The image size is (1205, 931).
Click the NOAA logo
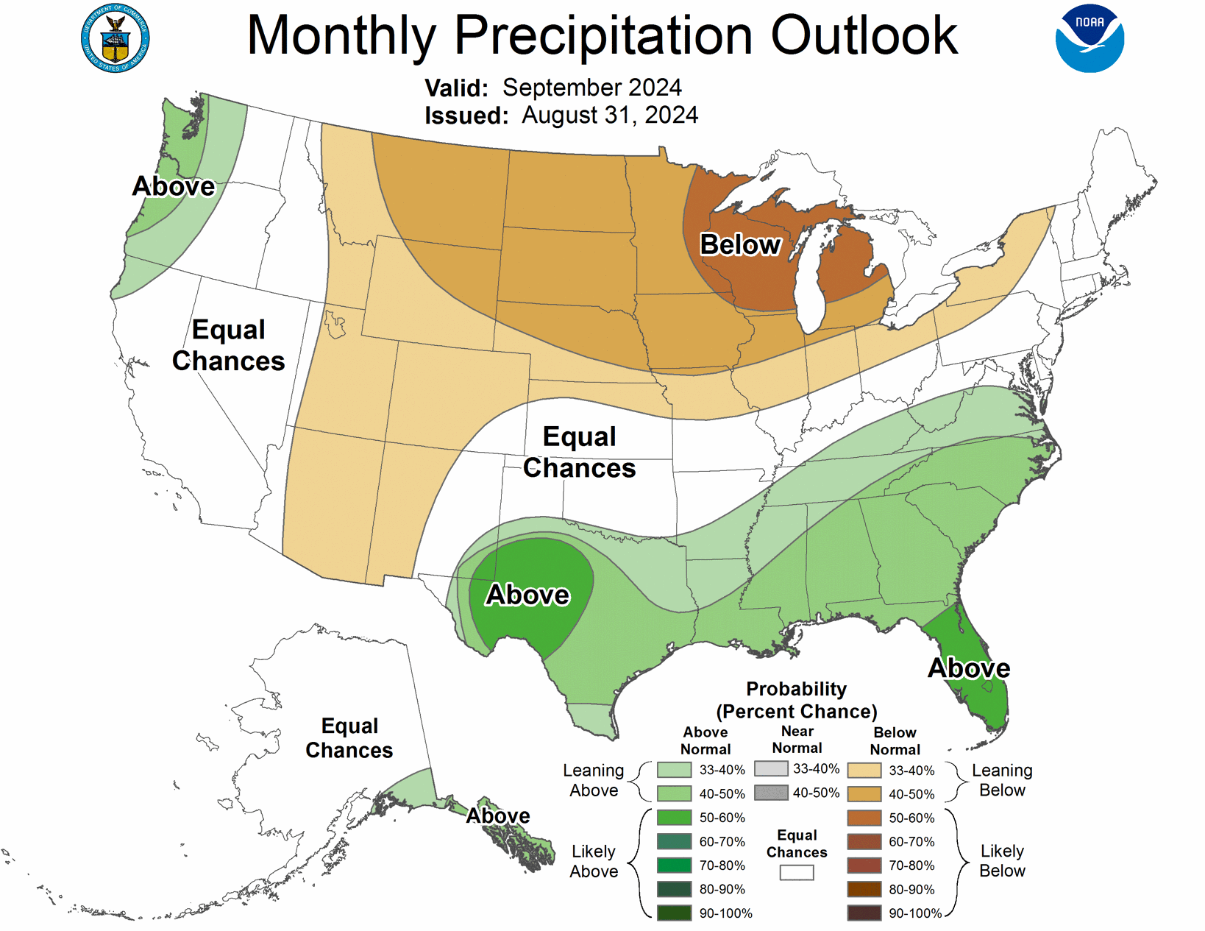coord(1090,39)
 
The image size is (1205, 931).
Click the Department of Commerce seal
coord(115,38)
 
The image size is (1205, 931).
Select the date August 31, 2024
coord(610,116)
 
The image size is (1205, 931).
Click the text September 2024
coord(591,88)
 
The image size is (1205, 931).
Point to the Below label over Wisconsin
coord(739,244)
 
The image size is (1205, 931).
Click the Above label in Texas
coord(527,595)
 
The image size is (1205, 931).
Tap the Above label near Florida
coord(968,668)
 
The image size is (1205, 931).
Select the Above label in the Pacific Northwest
coord(174,186)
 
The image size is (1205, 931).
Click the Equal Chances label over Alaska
coord(349,738)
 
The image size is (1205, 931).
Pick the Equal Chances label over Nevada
coord(228,345)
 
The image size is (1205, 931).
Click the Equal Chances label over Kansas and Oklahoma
coord(579,453)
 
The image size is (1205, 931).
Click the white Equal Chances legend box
coord(797,873)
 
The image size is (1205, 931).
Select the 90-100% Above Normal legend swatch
coord(674,913)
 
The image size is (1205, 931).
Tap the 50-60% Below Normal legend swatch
coord(864,818)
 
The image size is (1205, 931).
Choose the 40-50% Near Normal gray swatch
coord(771,793)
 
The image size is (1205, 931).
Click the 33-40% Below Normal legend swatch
coord(864,771)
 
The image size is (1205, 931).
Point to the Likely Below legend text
coord(1001,861)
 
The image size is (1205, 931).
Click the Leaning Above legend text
coord(593,780)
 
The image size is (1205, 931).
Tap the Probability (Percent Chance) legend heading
coord(796,700)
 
